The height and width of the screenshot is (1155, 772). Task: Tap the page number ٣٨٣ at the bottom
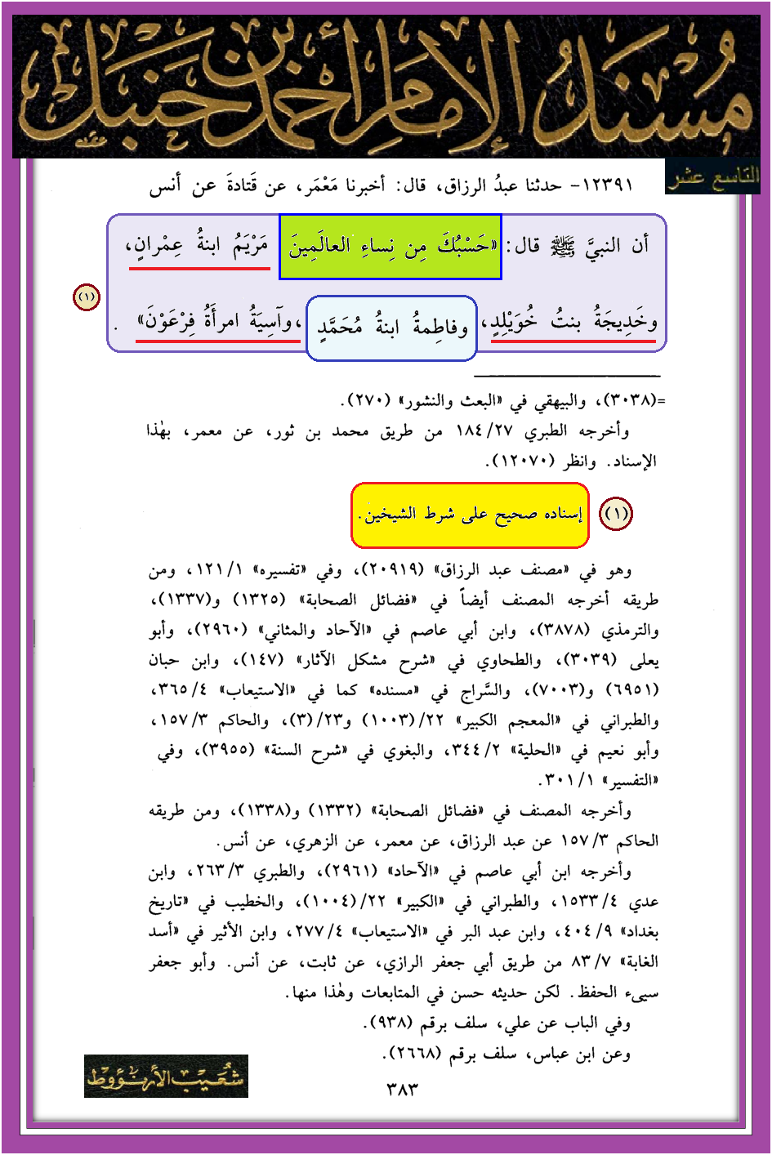[x=401, y=1090]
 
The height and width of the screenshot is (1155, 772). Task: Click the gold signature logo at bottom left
[x=166, y=1076]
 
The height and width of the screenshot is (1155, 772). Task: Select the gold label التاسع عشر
[x=712, y=177]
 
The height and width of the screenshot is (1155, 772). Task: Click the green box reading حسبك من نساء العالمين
[x=390, y=247]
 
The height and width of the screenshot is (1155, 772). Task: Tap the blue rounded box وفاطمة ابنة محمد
[x=391, y=328]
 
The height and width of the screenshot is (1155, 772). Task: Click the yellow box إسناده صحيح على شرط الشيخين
[x=470, y=515]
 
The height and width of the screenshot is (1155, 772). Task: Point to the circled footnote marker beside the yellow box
[x=616, y=514]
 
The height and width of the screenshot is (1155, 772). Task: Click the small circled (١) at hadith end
[x=87, y=297]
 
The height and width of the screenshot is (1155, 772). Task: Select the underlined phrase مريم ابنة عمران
[x=199, y=247]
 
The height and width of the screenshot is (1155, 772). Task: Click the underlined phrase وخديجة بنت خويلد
[x=574, y=324]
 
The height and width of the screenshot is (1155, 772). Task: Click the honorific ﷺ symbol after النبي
[x=562, y=245]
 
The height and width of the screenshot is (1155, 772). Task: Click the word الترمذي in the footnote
[x=630, y=631]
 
